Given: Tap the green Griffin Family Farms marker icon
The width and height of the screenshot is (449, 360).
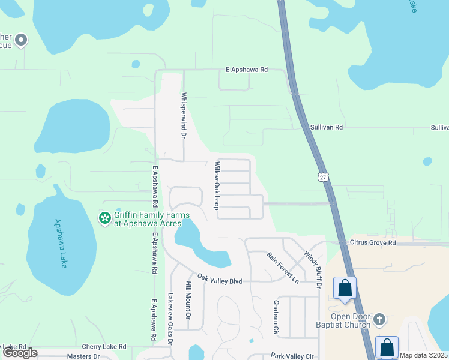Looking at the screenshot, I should pos(105,218).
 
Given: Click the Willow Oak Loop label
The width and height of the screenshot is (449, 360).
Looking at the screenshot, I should pos(217,185).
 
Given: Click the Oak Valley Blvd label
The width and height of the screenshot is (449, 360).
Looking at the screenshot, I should pos(220,280).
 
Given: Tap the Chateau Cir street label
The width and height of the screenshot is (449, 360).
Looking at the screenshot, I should pos(276,317).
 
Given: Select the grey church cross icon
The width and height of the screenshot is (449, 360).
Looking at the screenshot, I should pos(379,319).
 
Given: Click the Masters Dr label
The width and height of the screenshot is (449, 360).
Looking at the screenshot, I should pos(83,356).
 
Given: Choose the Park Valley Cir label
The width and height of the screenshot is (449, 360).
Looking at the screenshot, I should pos(292,356).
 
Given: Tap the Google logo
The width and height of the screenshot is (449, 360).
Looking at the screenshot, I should pos(20,353).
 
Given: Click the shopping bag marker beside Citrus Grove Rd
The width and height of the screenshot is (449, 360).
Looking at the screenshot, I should pos(345,288).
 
